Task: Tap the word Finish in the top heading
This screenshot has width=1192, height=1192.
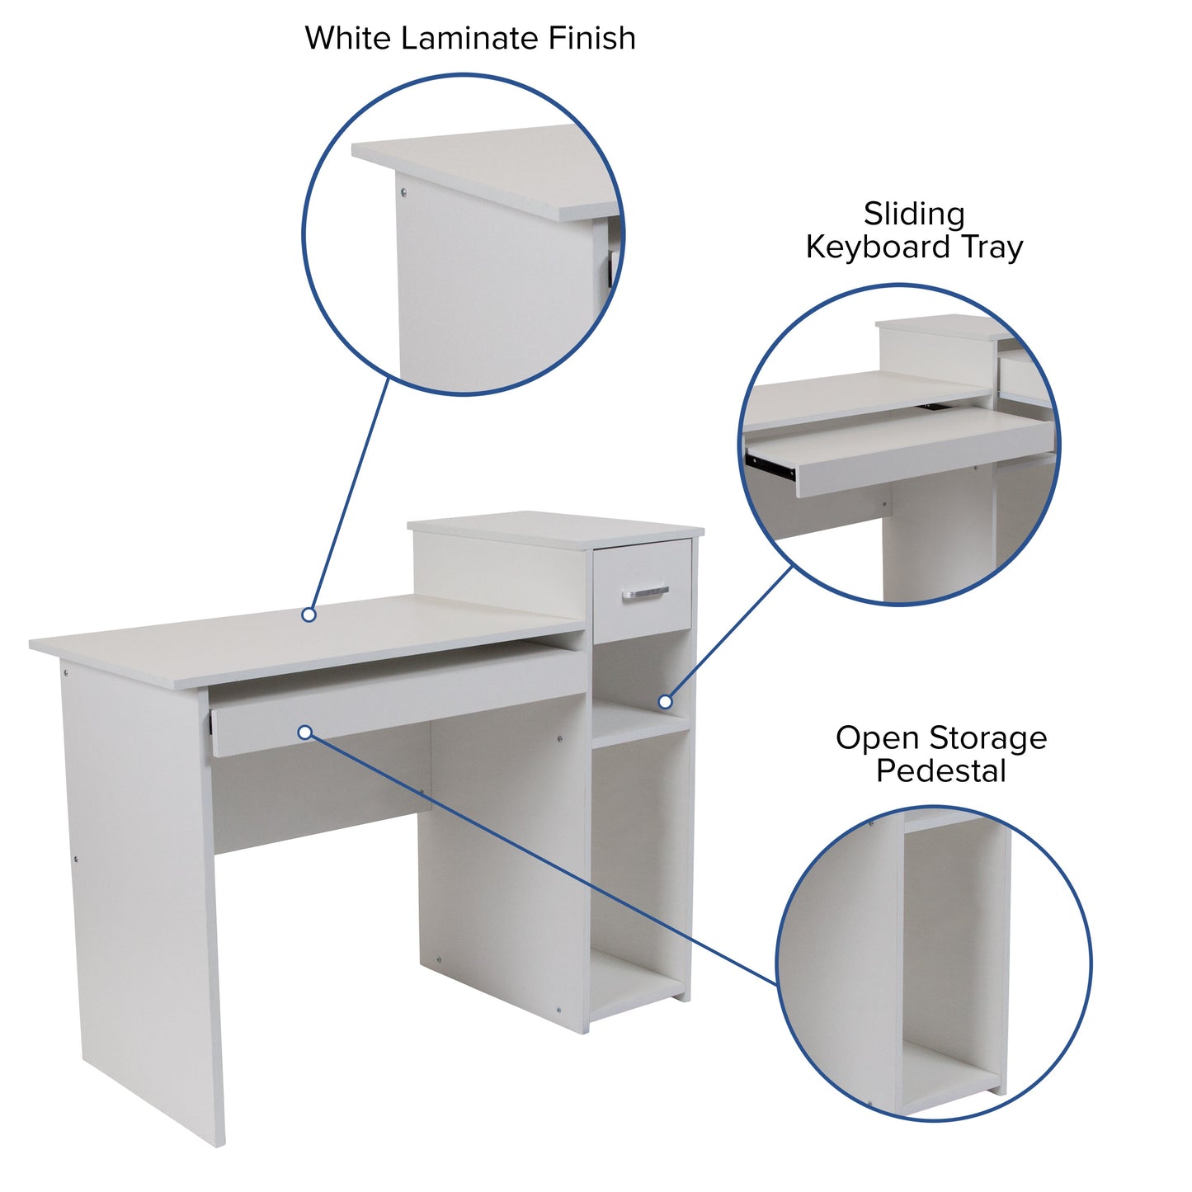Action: pyautogui.click(x=591, y=39)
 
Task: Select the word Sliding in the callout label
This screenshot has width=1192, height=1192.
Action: pyautogui.click(x=914, y=214)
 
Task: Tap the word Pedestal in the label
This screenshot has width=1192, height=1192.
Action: pyautogui.click(x=940, y=771)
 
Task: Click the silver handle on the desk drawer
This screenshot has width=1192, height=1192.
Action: pyautogui.click(x=645, y=591)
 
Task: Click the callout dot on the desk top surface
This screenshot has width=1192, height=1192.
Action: pyautogui.click(x=309, y=615)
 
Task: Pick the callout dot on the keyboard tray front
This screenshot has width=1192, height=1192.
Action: pyautogui.click(x=304, y=733)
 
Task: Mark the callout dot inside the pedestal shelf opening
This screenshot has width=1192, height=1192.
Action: pyautogui.click(x=665, y=702)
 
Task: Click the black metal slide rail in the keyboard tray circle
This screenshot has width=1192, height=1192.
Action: pyautogui.click(x=772, y=465)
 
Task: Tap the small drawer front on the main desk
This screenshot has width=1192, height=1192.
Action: pyautogui.click(x=643, y=590)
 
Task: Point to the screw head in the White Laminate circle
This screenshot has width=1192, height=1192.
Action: pyautogui.click(x=403, y=193)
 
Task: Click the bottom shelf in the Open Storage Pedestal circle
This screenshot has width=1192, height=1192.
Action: pyautogui.click(x=949, y=1072)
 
